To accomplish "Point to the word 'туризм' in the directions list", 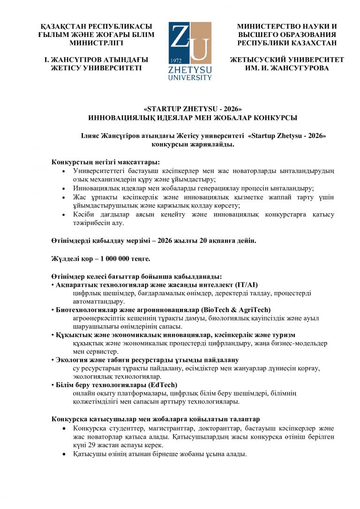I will click(x=283, y=335).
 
